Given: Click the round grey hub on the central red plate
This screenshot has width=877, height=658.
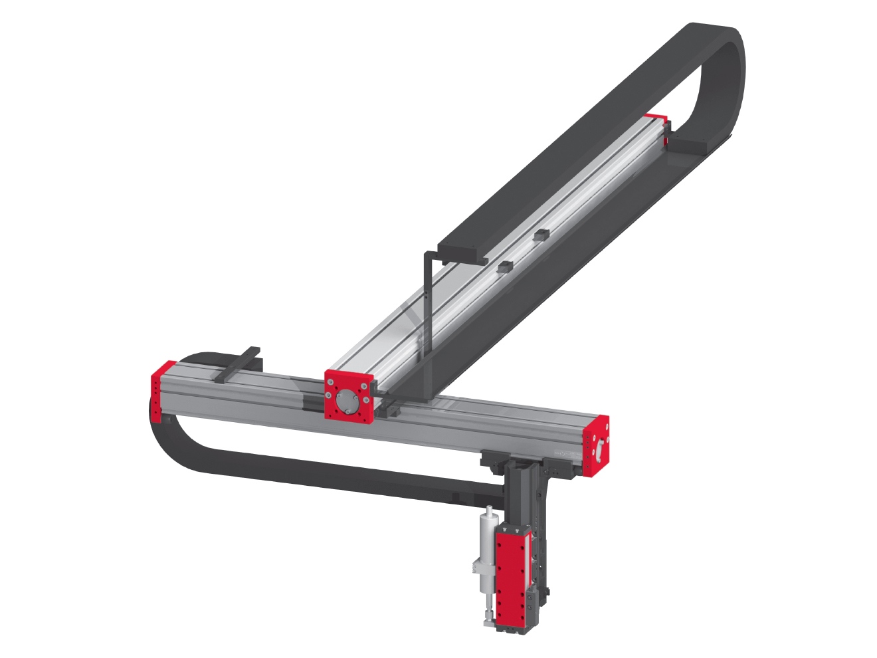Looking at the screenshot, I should [347, 401].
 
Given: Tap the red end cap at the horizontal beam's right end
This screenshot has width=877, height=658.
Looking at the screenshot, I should [596, 447].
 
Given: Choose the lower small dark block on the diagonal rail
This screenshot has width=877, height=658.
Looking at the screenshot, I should [504, 267].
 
